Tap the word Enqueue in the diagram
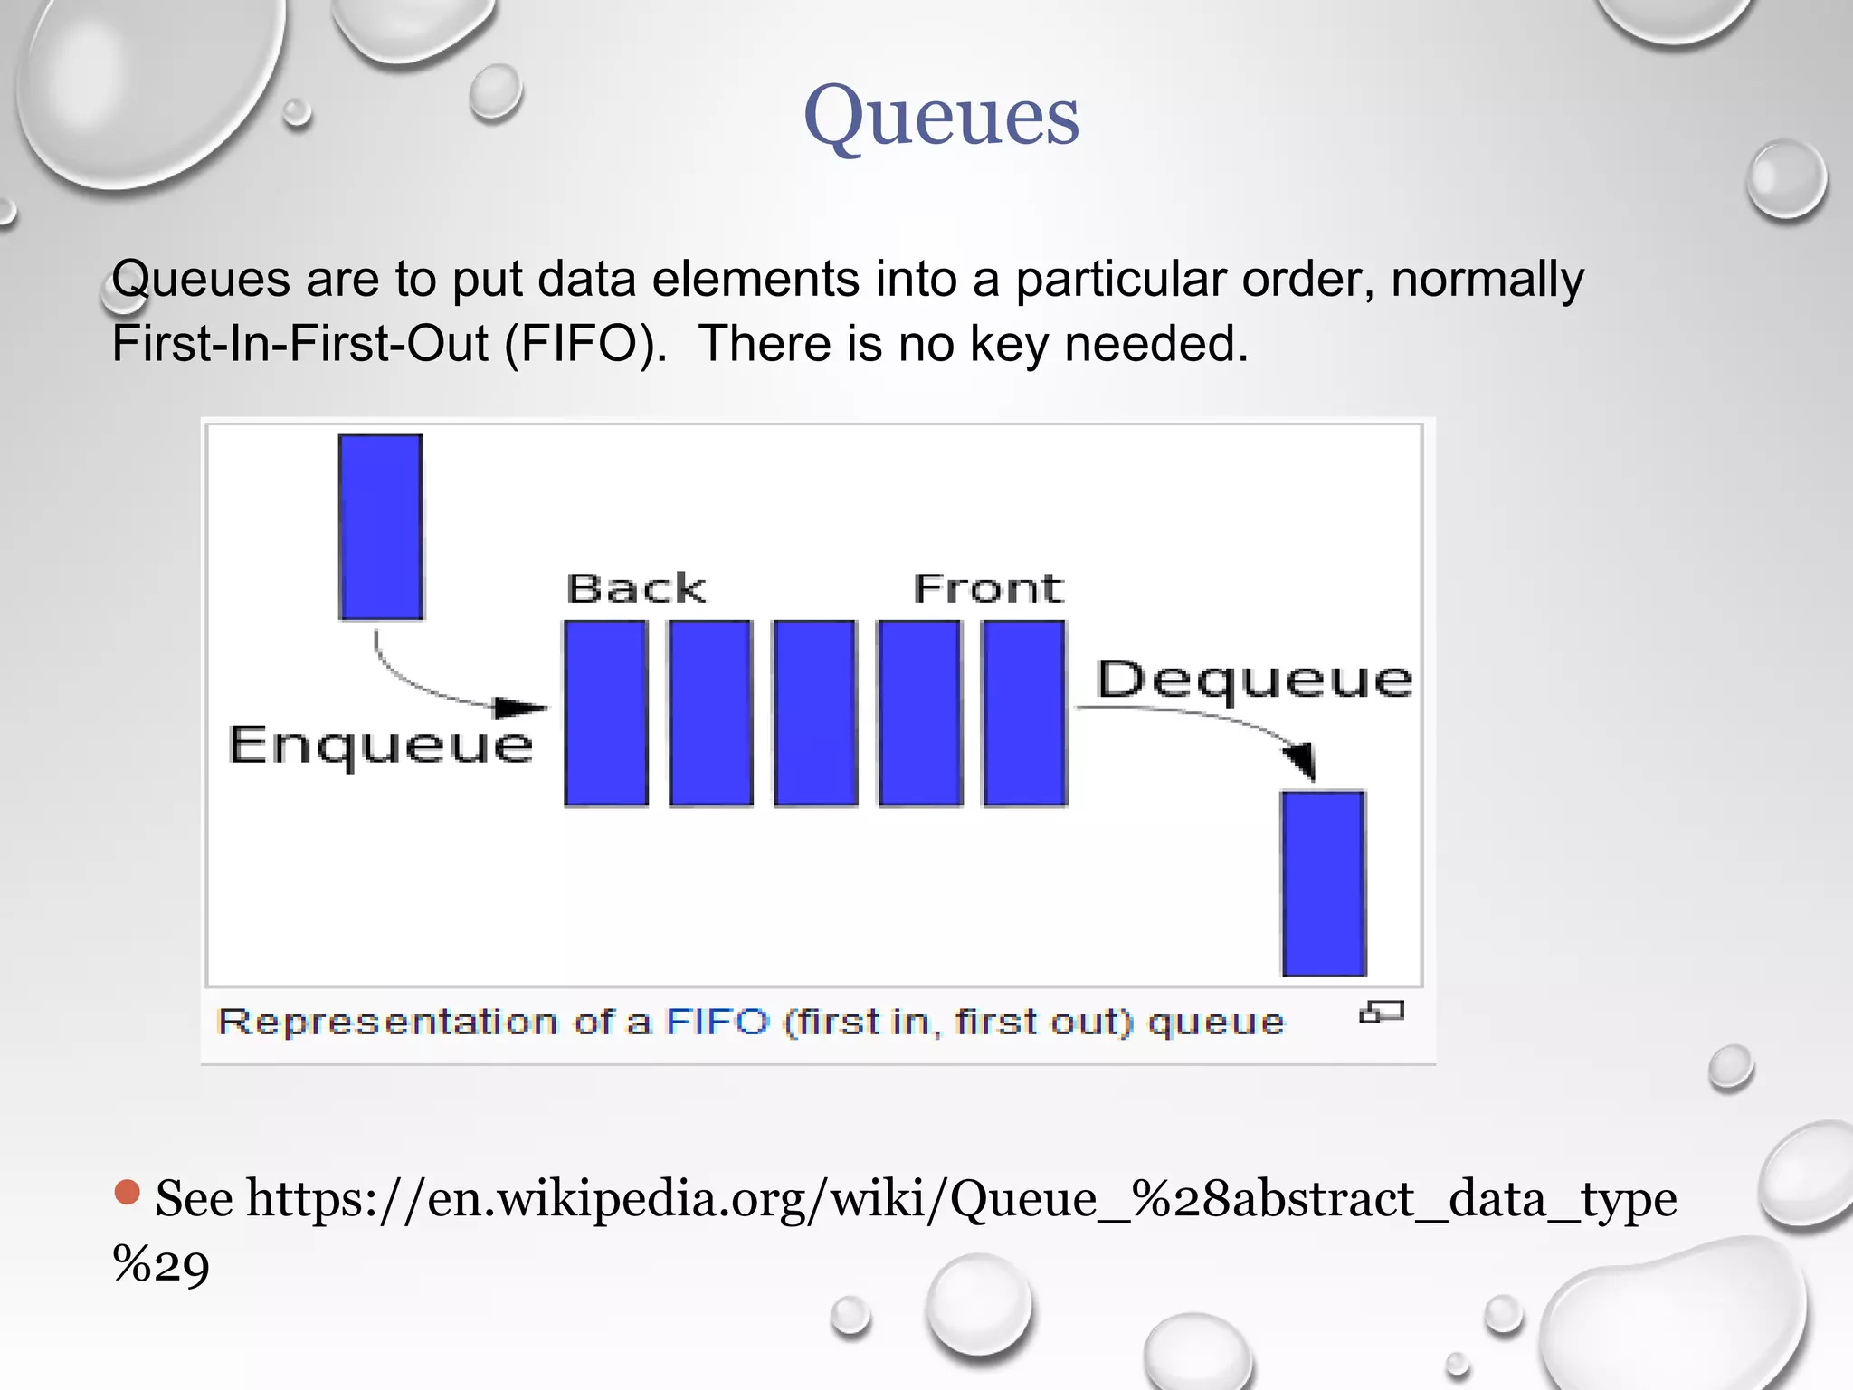381,746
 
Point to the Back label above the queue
635,588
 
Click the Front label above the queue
988,588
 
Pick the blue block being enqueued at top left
380,527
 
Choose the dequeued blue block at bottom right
1324,883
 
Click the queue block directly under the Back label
606,713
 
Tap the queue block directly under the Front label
1024,713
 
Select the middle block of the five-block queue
815,713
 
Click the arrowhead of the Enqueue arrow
522,708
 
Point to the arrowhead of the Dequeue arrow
1302,759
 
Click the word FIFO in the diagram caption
717,1022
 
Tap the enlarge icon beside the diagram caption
1381,1013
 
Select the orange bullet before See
128,1192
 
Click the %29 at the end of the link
161,1263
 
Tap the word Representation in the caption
387,1022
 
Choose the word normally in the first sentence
1487,279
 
